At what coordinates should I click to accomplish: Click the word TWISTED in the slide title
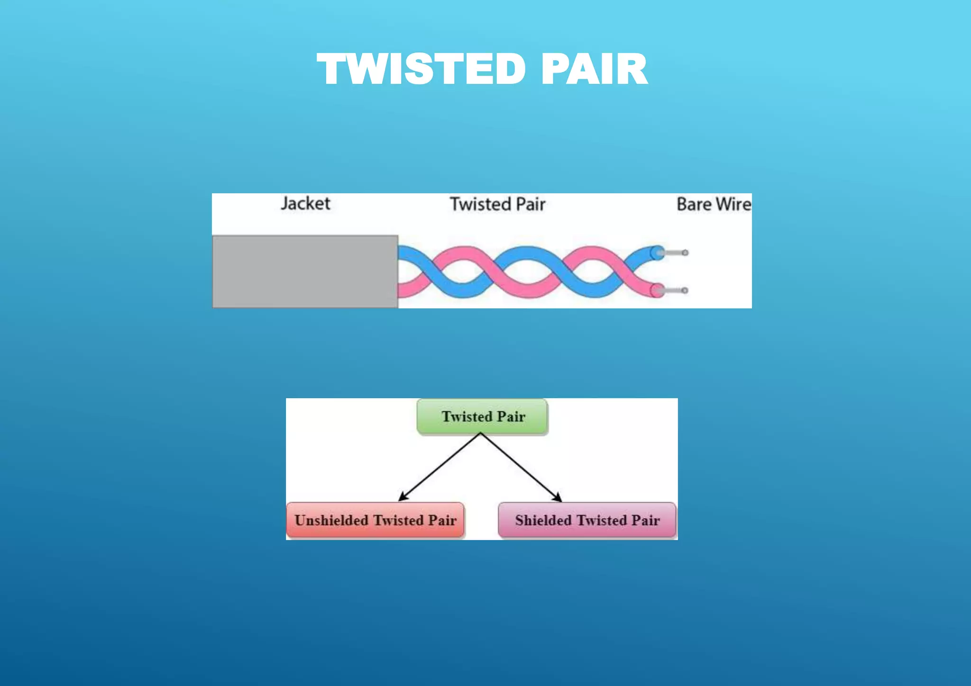point(421,69)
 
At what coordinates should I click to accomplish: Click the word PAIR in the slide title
point(594,69)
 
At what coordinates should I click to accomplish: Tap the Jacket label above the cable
point(305,203)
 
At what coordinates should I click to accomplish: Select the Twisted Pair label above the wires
point(497,204)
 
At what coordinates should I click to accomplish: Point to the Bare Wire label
point(713,204)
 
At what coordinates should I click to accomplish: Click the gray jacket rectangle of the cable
point(305,271)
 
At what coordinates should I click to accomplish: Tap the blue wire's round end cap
point(657,253)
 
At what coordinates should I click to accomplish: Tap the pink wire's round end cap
point(657,290)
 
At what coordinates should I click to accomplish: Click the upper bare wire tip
point(685,253)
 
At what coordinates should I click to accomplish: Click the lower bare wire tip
point(685,290)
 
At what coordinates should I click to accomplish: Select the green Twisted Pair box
point(482,416)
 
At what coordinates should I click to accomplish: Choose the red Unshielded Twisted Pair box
point(375,520)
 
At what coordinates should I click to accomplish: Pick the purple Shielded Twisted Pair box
point(587,520)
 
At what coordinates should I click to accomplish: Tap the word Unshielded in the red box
point(331,520)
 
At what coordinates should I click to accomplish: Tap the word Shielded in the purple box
point(543,520)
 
